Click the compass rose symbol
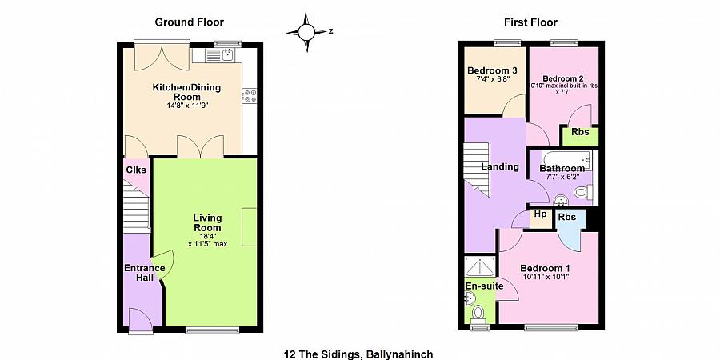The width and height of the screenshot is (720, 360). click(x=306, y=32)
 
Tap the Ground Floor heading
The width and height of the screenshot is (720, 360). click(x=189, y=22)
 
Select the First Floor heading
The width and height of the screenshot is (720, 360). click(x=531, y=22)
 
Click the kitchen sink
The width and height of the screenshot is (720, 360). click(x=220, y=55)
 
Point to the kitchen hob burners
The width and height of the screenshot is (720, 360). click(x=250, y=96)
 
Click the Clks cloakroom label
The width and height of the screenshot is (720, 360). click(x=136, y=170)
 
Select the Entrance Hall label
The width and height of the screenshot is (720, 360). click(x=145, y=273)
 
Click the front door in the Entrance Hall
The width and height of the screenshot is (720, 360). click(x=140, y=321)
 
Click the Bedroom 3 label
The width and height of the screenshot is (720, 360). click(x=492, y=70)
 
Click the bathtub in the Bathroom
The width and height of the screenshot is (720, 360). click(x=568, y=160)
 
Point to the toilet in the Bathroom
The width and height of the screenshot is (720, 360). click(x=584, y=192)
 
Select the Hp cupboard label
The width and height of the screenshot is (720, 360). click(x=541, y=214)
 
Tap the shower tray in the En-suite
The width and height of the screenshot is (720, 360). click(x=480, y=266)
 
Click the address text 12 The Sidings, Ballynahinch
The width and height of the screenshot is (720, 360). click(x=358, y=354)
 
